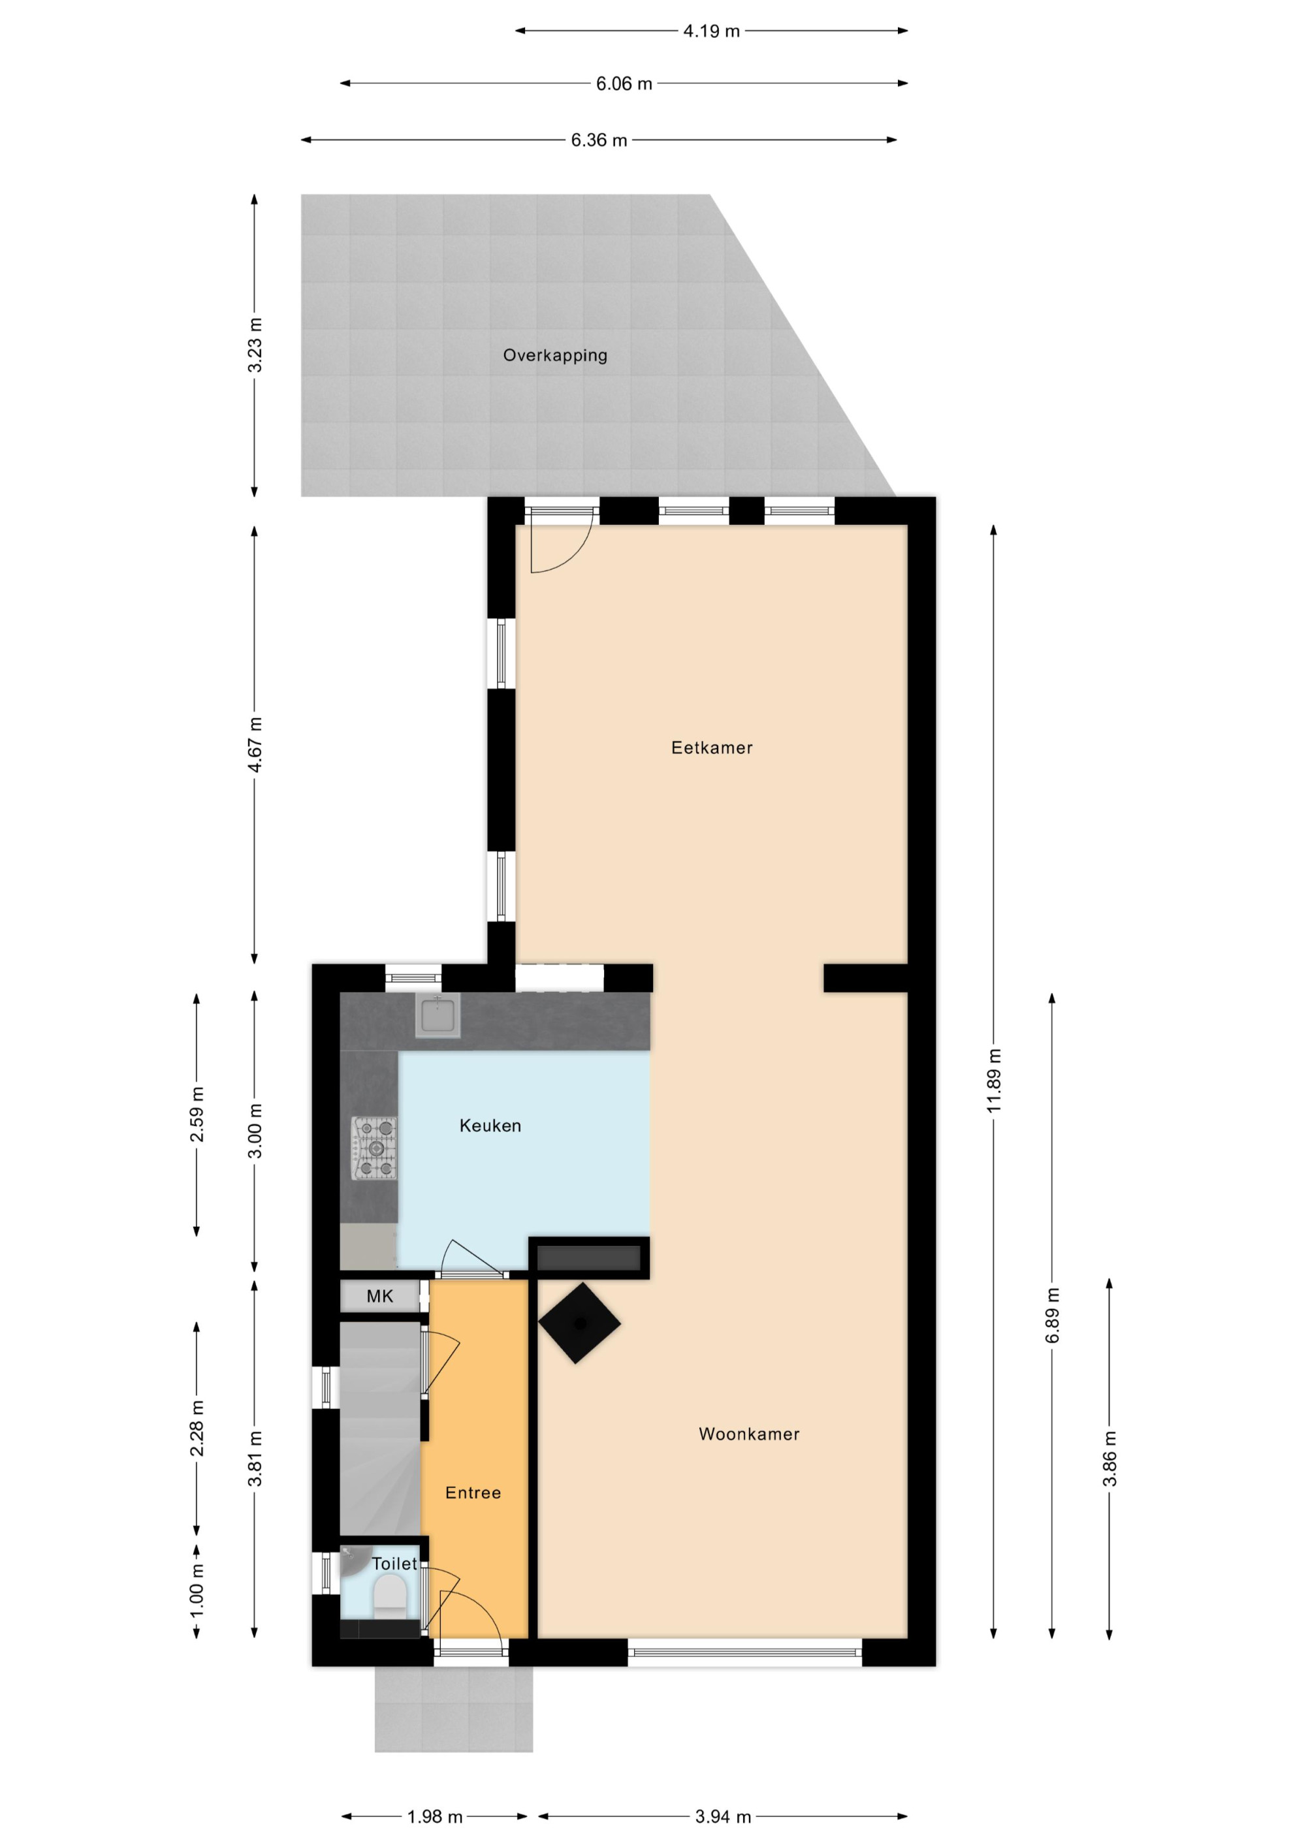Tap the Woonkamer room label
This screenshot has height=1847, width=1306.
point(748,1434)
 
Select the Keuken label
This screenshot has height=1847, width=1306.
point(490,1126)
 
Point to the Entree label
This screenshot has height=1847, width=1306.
point(473,1492)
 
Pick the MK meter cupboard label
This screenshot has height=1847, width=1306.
point(380,1296)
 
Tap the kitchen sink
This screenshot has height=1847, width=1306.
point(438,1015)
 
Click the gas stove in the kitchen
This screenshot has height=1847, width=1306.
point(374,1147)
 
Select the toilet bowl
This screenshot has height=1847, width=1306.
point(390,1595)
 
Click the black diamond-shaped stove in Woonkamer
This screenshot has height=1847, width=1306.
point(579,1323)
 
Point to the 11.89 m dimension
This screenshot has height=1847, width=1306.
point(994,1081)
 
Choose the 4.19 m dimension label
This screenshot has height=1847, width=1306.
point(711,31)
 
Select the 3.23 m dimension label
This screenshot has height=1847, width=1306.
point(254,345)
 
